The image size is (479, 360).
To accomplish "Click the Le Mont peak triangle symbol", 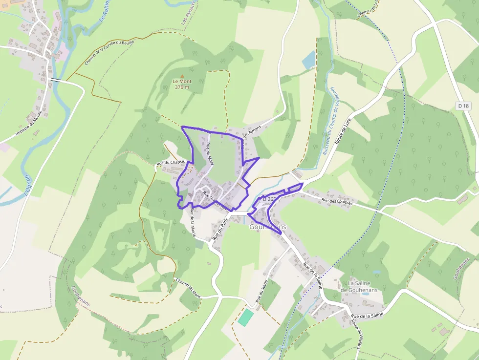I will [x=182, y=75].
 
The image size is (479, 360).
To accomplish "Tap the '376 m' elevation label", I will [x=182, y=87].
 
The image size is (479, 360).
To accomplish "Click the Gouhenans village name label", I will [x=268, y=227].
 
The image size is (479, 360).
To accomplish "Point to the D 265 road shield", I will [x=269, y=199].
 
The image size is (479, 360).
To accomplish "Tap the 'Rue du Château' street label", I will [x=171, y=162].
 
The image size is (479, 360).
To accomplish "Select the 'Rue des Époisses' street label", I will [x=337, y=200].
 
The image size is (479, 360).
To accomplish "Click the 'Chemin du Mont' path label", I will [x=188, y=288].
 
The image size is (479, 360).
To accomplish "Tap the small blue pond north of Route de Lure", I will [x=309, y=60].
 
